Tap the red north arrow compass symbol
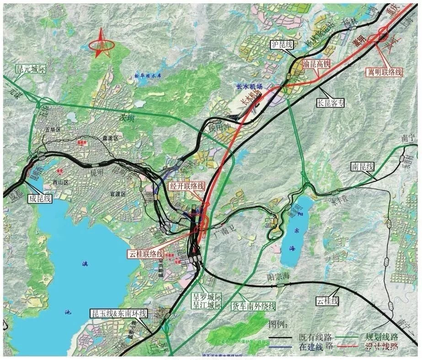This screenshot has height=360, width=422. click(x=101, y=44)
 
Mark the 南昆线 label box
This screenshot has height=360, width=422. click(x=363, y=167)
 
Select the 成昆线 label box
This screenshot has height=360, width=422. click(x=40, y=198)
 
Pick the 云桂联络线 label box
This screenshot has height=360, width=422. click(x=146, y=254)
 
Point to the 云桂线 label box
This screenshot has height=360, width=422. click(x=327, y=301)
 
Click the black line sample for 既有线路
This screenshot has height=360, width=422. click(x=283, y=339)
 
